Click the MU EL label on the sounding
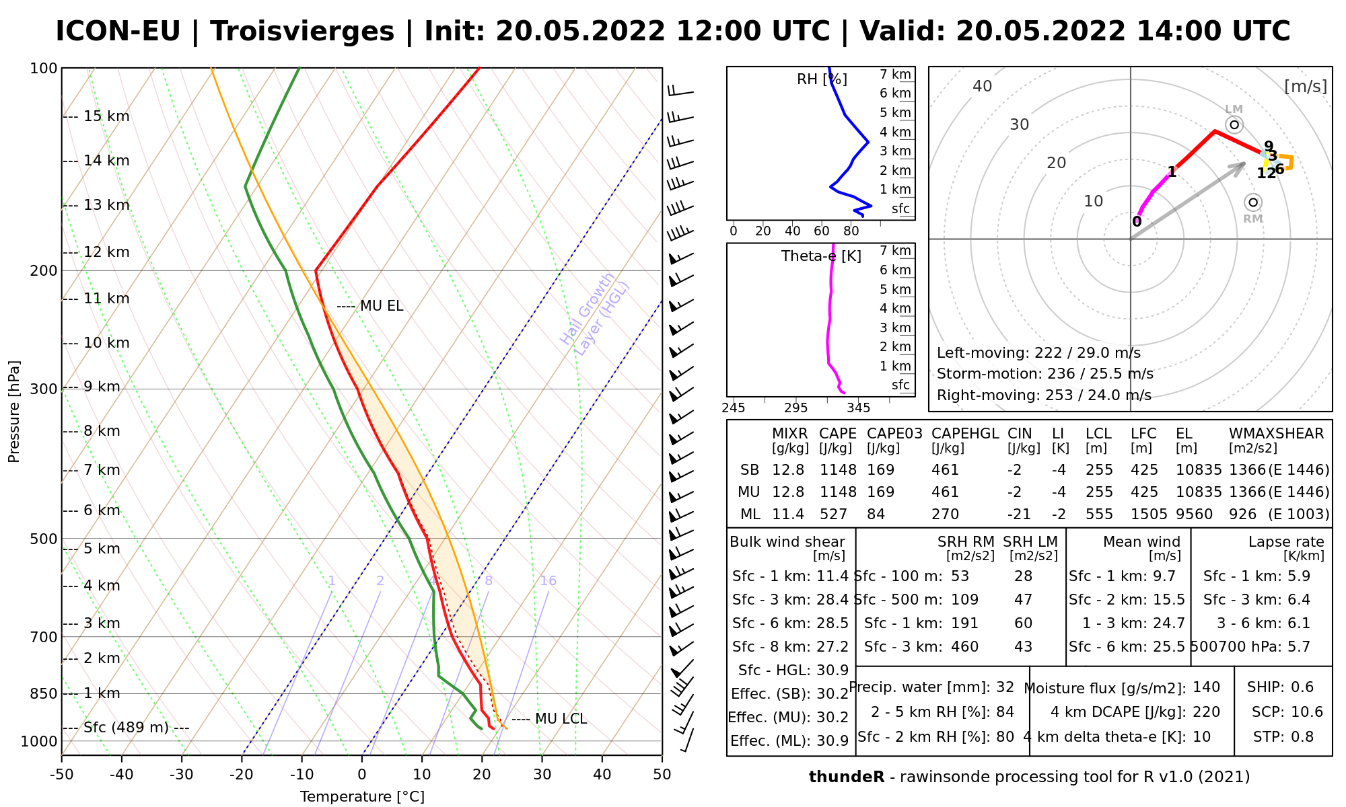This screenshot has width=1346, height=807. click(x=381, y=306)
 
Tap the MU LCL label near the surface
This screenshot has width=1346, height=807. click(x=561, y=719)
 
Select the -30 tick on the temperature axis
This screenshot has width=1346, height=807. click(x=182, y=775)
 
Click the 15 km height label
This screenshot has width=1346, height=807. click(x=106, y=116)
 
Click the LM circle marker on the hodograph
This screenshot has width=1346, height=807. click(x=1234, y=124)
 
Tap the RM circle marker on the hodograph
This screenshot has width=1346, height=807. click(x=1252, y=202)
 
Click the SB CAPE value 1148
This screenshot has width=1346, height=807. click(x=837, y=470)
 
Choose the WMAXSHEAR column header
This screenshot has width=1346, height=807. click(x=1276, y=434)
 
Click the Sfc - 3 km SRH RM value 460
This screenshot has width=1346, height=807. click(x=964, y=647)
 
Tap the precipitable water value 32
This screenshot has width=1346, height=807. click(x=1005, y=687)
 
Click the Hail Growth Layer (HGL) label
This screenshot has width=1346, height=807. click(x=595, y=314)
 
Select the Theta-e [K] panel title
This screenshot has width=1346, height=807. click(x=821, y=256)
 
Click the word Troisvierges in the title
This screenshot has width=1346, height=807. click(x=302, y=32)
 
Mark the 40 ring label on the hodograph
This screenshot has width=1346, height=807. click(x=983, y=86)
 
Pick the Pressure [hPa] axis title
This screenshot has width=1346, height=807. click(x=14, y=412)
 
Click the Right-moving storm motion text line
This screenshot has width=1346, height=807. click(x=1044, y=395)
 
